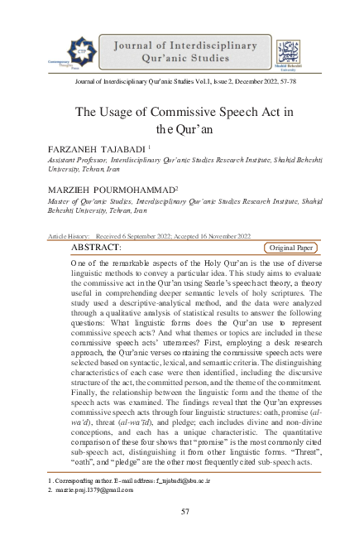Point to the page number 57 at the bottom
tap(185, 511)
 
